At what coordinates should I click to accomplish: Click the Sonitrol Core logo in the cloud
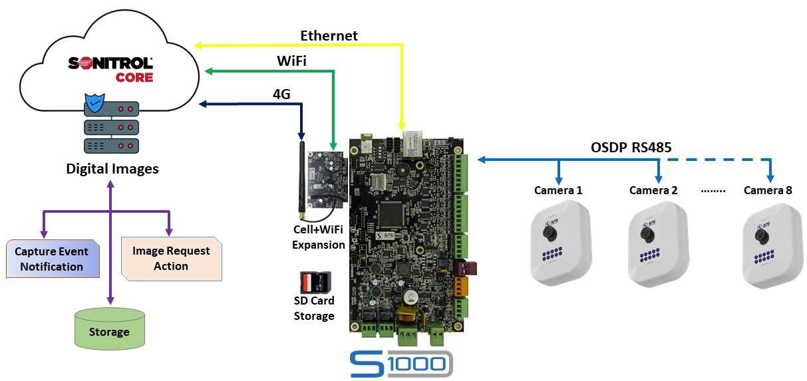pyautogui.click(x=110, y=69)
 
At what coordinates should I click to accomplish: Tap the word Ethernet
pyautogui.click(x=329, y=36)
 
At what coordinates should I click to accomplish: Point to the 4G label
pyautogui.click(x=281, y=94)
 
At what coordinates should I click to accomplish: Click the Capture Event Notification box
pyautogui.click(x=51, y=259)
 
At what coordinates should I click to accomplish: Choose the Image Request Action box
pyautogui.click(x=171, y=259)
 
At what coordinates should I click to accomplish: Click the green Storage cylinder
pyautogui.click(x=109, y=328)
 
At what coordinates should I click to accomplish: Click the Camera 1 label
pyautogui.click(x=558, y=191)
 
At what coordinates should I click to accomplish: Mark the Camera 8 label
pyautogui.click(x=768, y=191)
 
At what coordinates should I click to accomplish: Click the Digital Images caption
pyautogui.click(x=112, y=169)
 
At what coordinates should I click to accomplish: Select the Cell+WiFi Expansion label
pyautogui.click(x=319, y=238)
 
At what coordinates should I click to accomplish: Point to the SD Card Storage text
pyautogui.click(x=314, y=309)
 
